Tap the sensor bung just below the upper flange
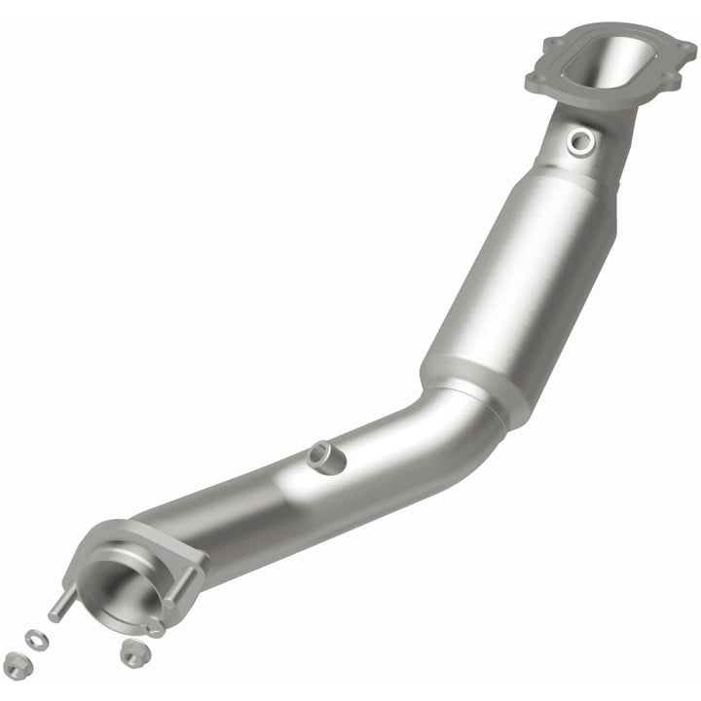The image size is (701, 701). coord(582,141)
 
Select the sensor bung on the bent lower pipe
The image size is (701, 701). coord(326,455)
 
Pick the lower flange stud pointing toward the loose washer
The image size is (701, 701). coord(60,606)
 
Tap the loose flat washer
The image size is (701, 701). coord(36,639)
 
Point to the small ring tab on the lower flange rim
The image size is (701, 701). coord(153,627)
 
